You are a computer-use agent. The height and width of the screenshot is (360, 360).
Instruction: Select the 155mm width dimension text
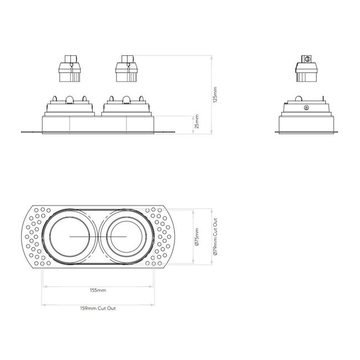click(97, 290)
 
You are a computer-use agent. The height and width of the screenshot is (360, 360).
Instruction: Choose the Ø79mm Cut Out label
click(215, 236)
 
